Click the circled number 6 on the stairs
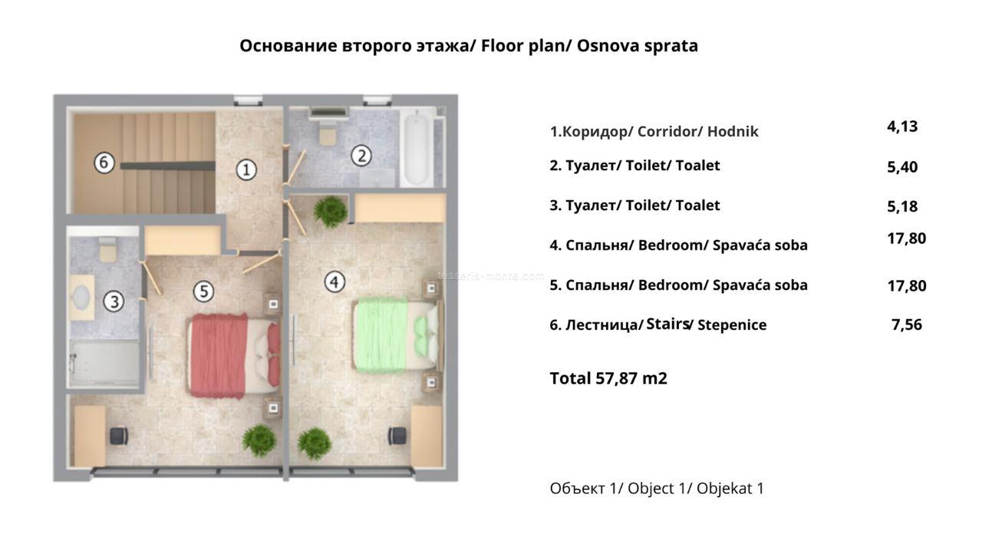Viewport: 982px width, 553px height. pos(104,163)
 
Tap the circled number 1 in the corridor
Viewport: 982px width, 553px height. pos(246,170)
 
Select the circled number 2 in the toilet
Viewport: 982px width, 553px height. pos(361,156)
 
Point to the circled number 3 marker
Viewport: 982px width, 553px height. pos(114,301)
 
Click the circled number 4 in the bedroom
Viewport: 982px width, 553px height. pos(334,281)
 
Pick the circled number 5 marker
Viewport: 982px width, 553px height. pos(204,291)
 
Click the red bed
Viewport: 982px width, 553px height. pos(234,356)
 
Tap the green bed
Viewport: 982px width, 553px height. pos(397,335)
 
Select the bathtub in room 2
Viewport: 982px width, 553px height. pos(417,149)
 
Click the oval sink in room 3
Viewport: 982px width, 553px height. pos(82,298)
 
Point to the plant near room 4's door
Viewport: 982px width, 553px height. pos(331,212)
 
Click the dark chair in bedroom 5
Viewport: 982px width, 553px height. pos(118,436)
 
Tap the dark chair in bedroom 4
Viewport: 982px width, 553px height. pos(397,436)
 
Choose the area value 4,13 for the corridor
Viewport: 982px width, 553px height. pos(902,127)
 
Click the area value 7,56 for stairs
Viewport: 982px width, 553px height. pos(907,324)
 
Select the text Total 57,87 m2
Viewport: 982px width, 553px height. pos(608,378)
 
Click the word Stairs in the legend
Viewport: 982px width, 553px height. pos(667,324)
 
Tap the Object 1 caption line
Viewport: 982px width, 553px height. pos(657,488)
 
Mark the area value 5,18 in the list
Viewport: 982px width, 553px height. pos(902,206)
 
